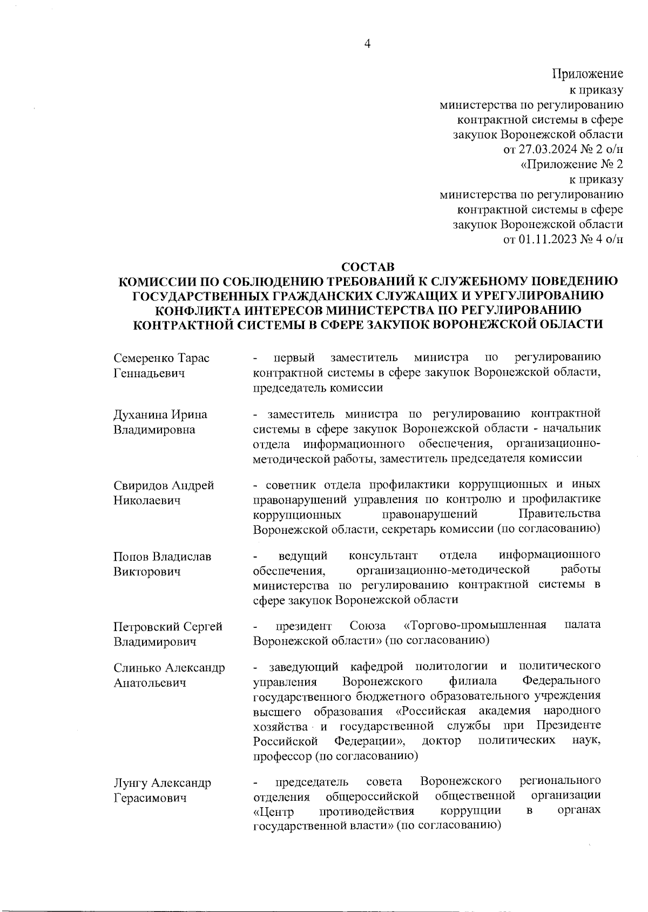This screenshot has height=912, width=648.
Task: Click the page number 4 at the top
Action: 367,45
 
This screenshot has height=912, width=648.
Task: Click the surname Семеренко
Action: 144,358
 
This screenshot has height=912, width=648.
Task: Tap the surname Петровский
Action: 145,627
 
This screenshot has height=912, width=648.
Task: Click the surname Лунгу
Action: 130,783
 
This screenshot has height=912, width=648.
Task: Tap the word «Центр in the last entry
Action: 273,811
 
